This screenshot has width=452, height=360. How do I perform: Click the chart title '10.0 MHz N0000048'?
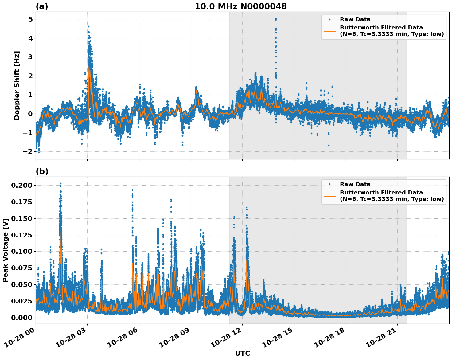(240, 6)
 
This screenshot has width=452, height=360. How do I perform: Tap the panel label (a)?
(42, 6)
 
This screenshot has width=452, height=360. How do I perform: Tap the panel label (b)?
(42, 171)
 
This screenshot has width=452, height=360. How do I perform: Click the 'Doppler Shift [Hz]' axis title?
(17, 85)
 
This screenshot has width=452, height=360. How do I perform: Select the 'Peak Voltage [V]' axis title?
(5, 250)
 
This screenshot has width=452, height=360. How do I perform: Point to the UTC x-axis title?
(242, 353)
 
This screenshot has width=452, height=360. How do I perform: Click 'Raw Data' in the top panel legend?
(355, 19)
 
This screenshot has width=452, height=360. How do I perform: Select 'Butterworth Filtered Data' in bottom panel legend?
(381, 193)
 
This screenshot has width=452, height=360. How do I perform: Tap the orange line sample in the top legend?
(329, 31)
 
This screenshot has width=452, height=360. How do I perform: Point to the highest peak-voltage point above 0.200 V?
(60, 184)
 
